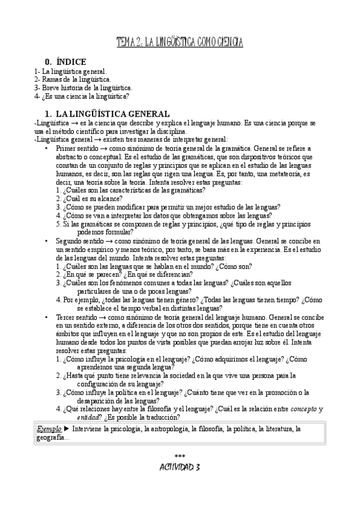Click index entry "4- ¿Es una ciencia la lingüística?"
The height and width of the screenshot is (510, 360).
[82, 96]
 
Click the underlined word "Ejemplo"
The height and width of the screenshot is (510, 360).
[49, 429]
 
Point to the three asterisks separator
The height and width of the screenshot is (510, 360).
[180, 458]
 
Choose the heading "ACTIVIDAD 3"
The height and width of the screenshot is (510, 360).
[180, 467]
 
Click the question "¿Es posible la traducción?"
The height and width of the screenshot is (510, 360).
[137, 417]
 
